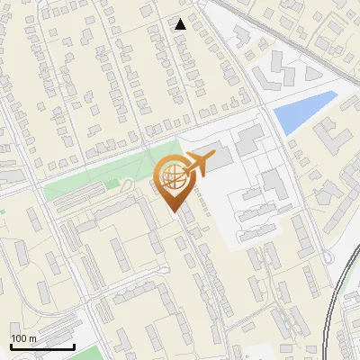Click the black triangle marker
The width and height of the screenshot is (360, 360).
[x=181, y=24]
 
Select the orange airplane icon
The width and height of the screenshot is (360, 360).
[x=197, y=164]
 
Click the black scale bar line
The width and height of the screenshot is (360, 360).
[x=42, y=346]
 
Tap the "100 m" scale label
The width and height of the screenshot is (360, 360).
[x=23, y=338]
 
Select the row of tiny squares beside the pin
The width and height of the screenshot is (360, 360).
[x=205, y=202]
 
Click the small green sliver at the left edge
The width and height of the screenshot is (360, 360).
[x=3, y=211]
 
